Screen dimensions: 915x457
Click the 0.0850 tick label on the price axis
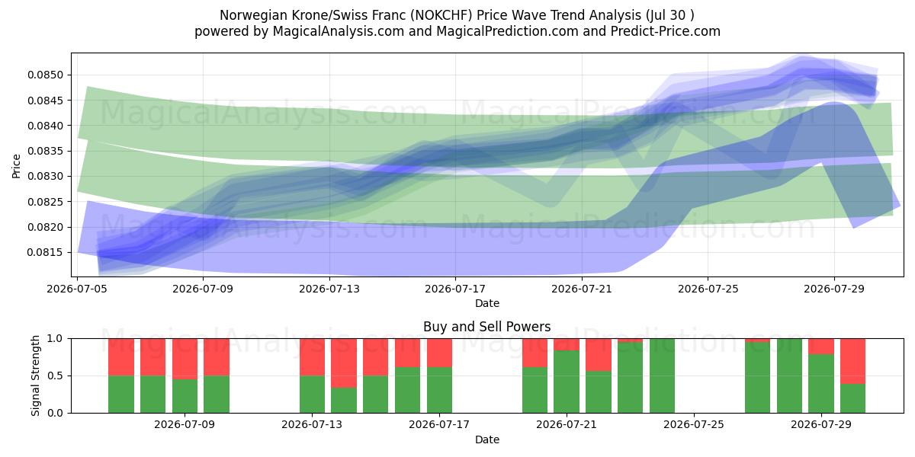(x=45, y=75)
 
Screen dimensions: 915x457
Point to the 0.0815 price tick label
(x=45, y=253)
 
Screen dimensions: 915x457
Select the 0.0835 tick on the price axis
(x=45, y=151)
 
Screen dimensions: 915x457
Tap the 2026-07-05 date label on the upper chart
(x=77, y=289)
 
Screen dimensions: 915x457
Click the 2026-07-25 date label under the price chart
(x=708, y=289)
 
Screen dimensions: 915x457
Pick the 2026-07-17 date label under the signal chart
(x=439, y=424)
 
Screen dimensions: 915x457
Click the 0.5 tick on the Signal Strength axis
(x=56, y=376)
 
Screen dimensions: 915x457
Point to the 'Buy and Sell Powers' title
(x=487, y=327)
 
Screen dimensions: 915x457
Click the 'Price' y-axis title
(x=16, y=166)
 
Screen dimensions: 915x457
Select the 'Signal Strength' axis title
(x=36, y=376)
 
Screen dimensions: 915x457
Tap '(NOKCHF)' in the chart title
(x=441, y=15)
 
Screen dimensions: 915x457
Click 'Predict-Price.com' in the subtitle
(x=666, y=31)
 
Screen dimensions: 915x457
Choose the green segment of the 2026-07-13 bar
(x=312, y=395)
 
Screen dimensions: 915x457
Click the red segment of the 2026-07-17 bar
(x=439, y=353)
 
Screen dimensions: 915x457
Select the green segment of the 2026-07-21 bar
(x=567, y=382)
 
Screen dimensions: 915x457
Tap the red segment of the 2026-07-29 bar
(x=821, y=347)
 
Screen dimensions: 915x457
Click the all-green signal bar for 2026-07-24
(x=662, y=376)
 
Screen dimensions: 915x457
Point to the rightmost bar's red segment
(x=853, y=361)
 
